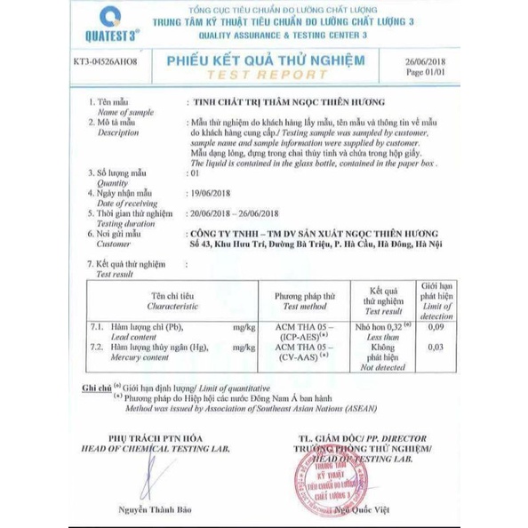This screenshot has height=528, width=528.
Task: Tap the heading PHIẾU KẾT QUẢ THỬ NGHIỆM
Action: (x=266, y=59)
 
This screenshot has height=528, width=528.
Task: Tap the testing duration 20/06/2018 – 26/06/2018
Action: (x=236, y=212)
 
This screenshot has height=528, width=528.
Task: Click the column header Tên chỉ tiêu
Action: (x=172, y=293)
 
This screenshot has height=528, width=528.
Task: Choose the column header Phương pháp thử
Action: (x=305, y=293)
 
